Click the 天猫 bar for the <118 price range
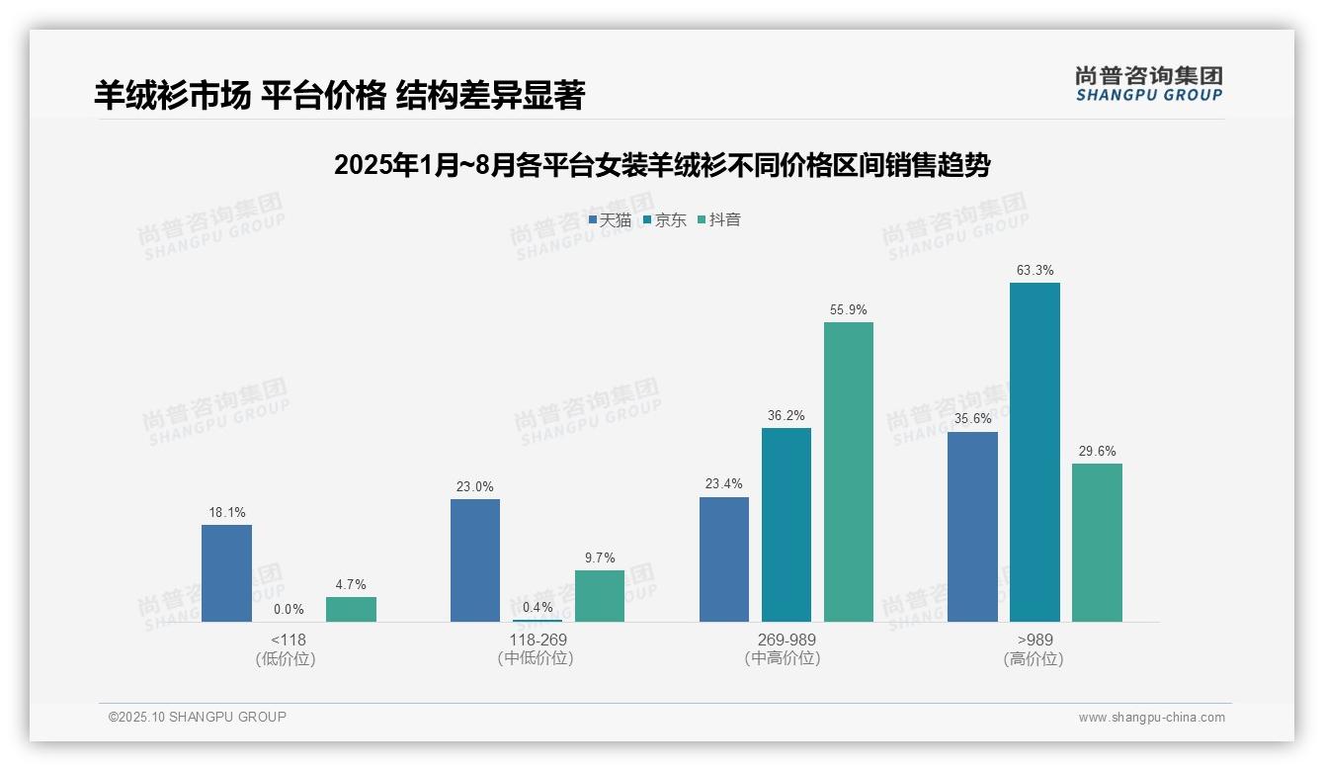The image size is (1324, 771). [x=226, y=573]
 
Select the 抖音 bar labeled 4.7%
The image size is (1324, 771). [x=351, y=609]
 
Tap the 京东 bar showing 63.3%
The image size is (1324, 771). [x=1034, y=452]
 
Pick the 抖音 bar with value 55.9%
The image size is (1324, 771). [x=849, y=471]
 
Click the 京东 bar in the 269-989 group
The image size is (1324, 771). [x=786, y=524]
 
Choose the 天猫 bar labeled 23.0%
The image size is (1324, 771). [x=475, y=559]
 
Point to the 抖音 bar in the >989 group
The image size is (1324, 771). [x=1097, y=542]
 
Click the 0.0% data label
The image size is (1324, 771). [x=289, y=609]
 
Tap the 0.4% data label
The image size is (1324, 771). [x=538, y=607]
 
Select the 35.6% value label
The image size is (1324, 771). [x=972, y=418]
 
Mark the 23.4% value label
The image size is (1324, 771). [x=724, y=483]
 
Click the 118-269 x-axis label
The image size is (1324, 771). [x=538, y=640]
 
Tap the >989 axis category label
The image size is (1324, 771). [x=1034, y=640]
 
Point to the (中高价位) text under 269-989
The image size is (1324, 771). [x=783, y=658]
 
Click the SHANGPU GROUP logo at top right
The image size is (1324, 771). [x=1148, y=84]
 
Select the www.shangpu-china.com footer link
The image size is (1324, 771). [x=1151, y=718]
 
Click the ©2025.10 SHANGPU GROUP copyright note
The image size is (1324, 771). [x=198, y=717]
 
